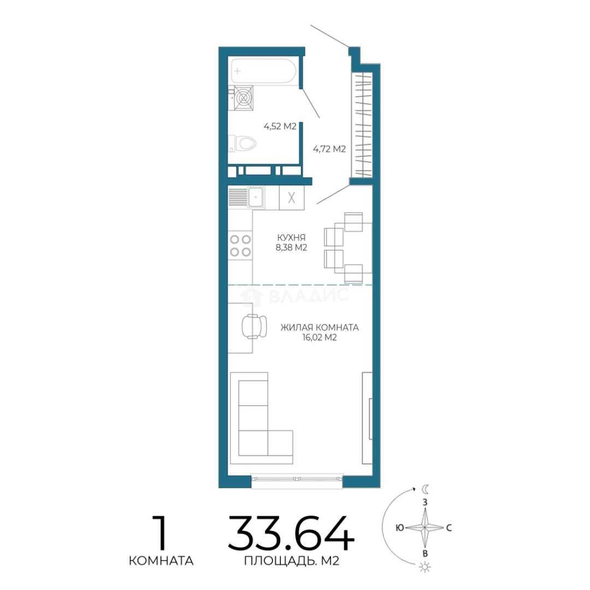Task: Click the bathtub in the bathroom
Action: click(x=263, y=70)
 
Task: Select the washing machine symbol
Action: click(x=243, y=98)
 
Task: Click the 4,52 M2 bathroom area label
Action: click(x=280, y=126)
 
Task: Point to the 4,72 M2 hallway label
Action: click(x=329, y=149)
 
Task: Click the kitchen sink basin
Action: click(x=256, y=197)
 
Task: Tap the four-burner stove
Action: click(x=240, y=245)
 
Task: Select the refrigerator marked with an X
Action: click(x=292, y=198)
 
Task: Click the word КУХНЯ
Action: click(x=291, y=238)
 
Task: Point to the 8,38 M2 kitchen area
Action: click(x=291, y=247)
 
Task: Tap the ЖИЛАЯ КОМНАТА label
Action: click(x=320, y=328)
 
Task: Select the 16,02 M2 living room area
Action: click(x=320, y=338)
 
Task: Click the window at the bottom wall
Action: click(x=297, y=480)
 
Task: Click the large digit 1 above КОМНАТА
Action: click(x=161, y=533)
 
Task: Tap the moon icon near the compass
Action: click(x=425, y=489)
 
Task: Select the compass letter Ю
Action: click(x=400, y=528)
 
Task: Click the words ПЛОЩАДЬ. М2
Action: click(x=292, y=561)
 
